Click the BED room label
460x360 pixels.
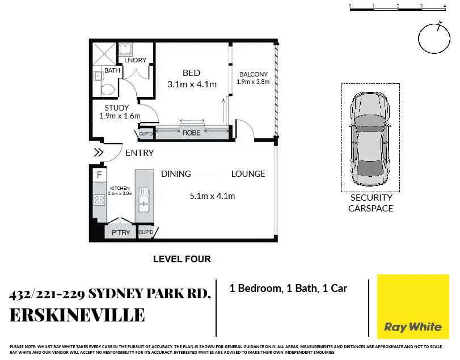[x=191, y=73]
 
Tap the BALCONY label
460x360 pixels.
[x=253, y=74]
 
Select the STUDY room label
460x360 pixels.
[x=117, y=108]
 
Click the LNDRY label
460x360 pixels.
[x=135, y=60]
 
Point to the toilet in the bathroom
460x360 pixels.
[x=107, y=88]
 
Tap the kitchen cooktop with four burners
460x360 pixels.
[x=99, y=200]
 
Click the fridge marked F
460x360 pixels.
[x=99, y=175]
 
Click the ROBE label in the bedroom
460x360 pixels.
[x=191, y=133]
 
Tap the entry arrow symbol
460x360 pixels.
[x=98, y=152]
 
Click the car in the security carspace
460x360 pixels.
[x=370, y=138]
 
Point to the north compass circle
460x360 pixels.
[x=433, y=39]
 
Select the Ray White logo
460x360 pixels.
[x=412, y=307]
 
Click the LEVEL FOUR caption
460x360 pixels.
[x=182, y=259]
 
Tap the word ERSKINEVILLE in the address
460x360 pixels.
[x=77, y=315]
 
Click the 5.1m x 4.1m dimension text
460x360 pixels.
[x=212, y=196]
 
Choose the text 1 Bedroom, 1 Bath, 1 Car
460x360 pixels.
[x=288, y=289]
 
